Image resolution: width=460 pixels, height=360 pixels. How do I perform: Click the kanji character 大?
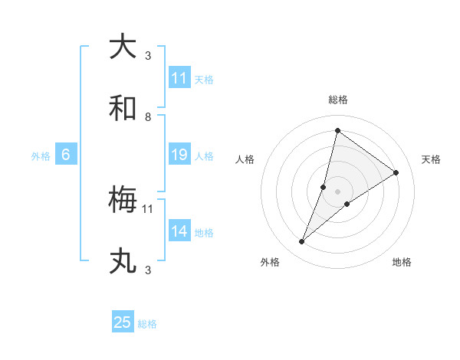pyautogui.click(x=123, y=47)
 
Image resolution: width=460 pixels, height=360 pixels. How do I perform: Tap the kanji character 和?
pyautogui.click(x=123, y=108)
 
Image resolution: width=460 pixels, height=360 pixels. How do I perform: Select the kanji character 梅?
pyautogui.click(x=123, y=200)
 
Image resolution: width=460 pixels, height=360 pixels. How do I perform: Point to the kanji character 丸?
pyautogui.click(x=123, y=261)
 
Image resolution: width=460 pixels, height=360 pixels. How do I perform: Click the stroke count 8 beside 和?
pyautogui.click(x=148, y=117)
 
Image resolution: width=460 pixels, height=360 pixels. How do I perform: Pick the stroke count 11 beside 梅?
pyautogui.click(x=148, y=208)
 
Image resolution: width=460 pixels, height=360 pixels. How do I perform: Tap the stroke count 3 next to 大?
pyautogui.click(x=148, y=55)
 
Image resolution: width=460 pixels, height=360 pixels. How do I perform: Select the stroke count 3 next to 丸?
pyautogui.click(x=148, y=270)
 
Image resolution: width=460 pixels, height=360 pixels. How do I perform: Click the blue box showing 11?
pyautogui.click(x=179, y=78)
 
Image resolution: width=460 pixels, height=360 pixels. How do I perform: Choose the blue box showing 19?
pyautogui.click(x=179, y=155)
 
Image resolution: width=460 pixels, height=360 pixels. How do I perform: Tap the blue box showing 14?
pyautogui.click(x=179, y=231)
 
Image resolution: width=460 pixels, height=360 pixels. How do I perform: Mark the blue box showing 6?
pyautogui.click(x=66, y=155)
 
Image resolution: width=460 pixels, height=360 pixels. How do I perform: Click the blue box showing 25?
pyautogui.click(x=123, y=322)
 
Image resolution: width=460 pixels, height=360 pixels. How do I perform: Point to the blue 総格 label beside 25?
pyautogui.click(x=147, y=324)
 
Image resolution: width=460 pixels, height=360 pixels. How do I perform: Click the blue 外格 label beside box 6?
pyautogui.click(x=41, y=156)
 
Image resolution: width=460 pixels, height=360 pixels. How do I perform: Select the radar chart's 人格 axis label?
pyautogui.click(x=245, y=159)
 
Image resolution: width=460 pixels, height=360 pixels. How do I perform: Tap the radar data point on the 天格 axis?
pyautogui.click(x=396, y=172)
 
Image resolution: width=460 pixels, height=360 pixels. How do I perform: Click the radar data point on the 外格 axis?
pyautogui.click(x=302, y=242)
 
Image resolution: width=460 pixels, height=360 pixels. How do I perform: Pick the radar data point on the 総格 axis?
pyautogui.click(x=337, y=130)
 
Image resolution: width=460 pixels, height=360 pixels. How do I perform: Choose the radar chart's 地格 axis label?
pyautogui.click(x=402, y=262)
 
